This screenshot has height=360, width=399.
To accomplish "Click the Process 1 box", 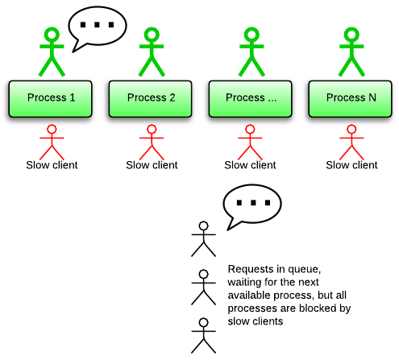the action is (x=50, y=99).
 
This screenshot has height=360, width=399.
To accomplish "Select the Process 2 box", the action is (x=150, y=99).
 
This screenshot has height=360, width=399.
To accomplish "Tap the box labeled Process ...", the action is (x=250, y=99).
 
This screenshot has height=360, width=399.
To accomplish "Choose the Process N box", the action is (x=350, y=99).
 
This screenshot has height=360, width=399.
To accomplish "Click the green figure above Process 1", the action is (x=52, y=52).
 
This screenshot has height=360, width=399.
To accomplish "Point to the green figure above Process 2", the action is (x=152, y=52).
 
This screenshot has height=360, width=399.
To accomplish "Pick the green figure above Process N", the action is (x=351, y=52).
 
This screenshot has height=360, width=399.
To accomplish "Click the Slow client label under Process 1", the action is (x=52, y=165).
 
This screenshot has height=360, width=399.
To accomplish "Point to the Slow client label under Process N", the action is (x=351, y=165).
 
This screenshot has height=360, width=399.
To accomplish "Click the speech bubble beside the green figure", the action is (x=98, y=26).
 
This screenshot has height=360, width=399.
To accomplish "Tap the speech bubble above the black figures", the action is (x=252, y=204).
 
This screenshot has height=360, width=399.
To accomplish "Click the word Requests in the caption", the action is (x=247, y=269).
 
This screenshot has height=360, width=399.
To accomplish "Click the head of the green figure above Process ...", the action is (x=251, y=35).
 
